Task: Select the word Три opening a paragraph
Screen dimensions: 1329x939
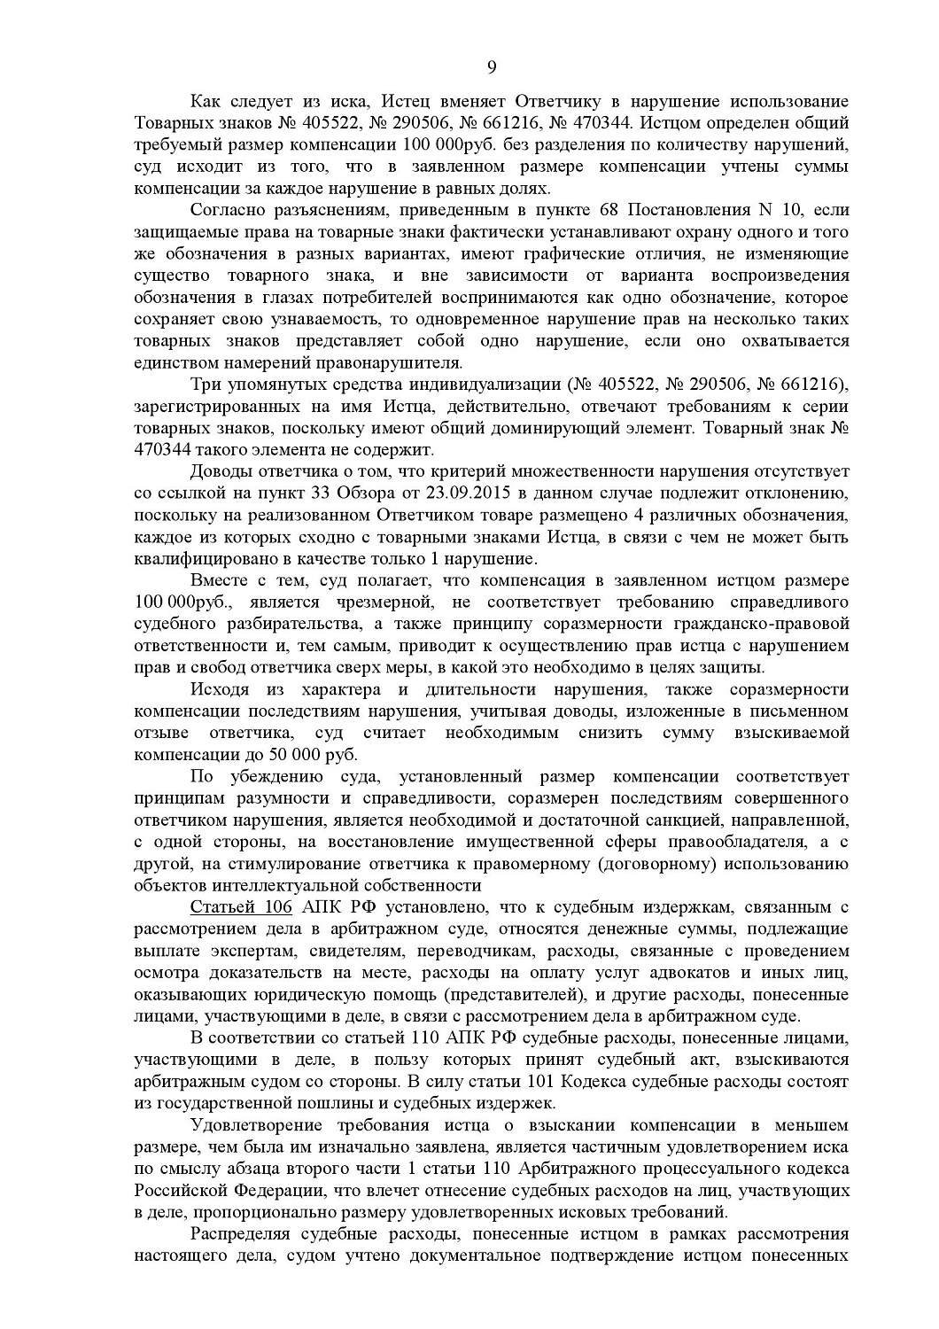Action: click(x=206, y=385)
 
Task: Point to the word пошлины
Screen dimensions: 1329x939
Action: click(x=351, y=1103)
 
